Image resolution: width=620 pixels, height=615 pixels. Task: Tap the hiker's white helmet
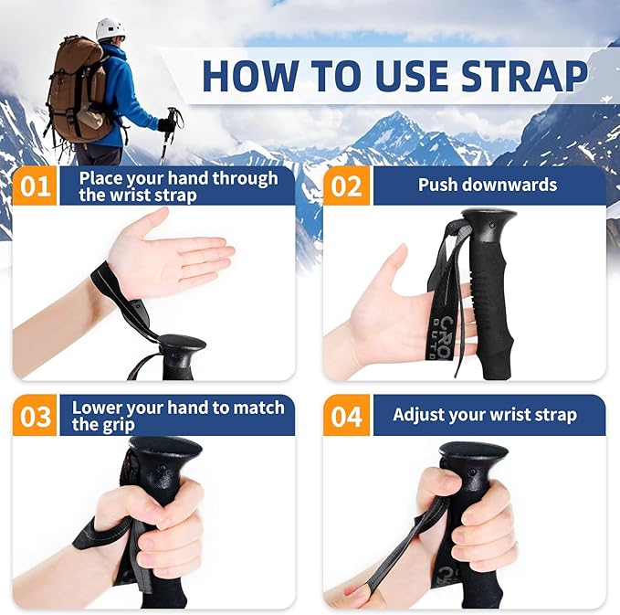(x=110, y=29)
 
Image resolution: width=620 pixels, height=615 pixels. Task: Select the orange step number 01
(x=36, y=186)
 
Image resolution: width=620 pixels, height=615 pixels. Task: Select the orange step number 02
(x=346, y=186)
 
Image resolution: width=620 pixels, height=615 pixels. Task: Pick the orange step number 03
(x=36, y=416)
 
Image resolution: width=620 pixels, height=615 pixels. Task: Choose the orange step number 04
(x=346, y=416)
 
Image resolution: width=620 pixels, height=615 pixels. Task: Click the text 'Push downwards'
(x=487, y=185)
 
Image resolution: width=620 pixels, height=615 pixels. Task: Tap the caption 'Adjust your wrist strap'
(x=485, y=415)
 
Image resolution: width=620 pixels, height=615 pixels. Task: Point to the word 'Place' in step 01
(x=100, y=178)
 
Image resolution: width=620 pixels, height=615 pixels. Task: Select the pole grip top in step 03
(x=164, y=449)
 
